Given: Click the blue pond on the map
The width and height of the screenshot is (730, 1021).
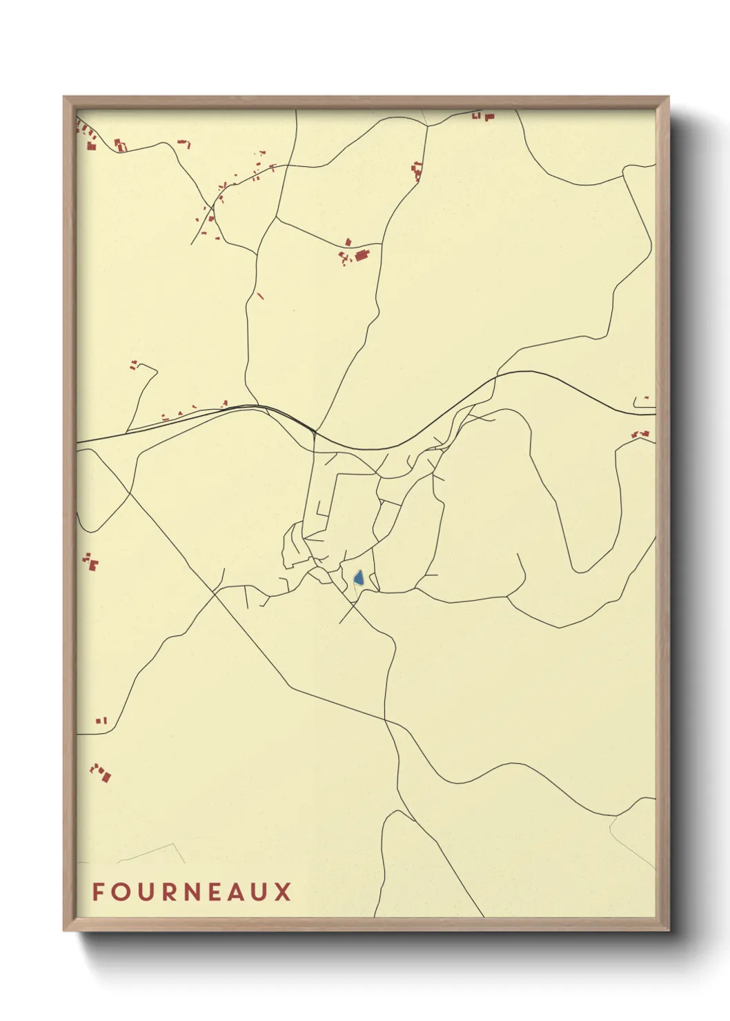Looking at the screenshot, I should point(358,577).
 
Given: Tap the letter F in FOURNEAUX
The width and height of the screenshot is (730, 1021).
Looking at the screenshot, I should point(98,891).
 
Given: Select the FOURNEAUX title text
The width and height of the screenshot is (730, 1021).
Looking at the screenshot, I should point(191,891).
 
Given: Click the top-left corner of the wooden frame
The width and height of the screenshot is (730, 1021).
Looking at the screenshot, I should point(65,97).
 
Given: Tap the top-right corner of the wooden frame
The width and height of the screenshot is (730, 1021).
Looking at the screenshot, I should point(668,97).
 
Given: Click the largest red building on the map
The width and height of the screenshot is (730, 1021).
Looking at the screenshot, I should point(362,256).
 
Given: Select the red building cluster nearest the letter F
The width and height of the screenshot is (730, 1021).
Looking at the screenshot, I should point(101,773).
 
